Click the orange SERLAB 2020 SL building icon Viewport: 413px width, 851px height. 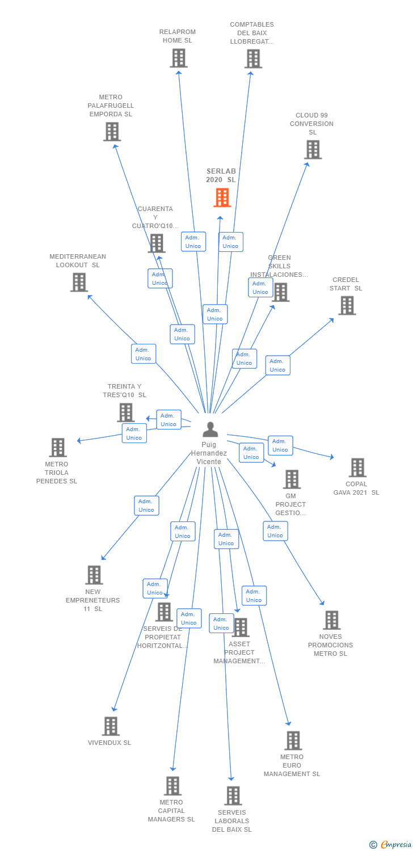coord(222,197)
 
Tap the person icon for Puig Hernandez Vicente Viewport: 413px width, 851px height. coord(210,429)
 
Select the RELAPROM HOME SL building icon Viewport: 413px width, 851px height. coord(178,58)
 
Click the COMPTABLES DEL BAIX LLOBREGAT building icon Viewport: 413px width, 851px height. coord(253,58)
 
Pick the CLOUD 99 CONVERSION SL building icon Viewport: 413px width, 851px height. coord(313,150)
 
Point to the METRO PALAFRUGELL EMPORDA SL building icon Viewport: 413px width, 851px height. coord(112,132)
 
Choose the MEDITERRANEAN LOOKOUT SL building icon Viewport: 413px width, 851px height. coord(79,282)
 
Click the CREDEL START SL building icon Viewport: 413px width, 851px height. coord(347,305)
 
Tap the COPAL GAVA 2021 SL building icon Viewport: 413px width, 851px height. coord(357,467)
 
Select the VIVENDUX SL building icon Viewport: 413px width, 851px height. coord(111,726)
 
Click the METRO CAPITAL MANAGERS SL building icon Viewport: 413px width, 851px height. coord(172,786)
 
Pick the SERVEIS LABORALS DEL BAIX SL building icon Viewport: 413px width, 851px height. coord(233,795)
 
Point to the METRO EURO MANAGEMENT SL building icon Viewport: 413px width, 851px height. coord(293,740)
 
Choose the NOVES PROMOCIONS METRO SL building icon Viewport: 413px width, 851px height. coord(331,620)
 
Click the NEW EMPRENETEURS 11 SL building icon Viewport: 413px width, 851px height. coord(94,575)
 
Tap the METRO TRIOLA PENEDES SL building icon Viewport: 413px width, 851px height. coord(57,448)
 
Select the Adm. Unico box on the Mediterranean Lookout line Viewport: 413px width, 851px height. coord(144,354)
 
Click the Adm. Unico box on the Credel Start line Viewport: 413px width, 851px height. coord(277,365)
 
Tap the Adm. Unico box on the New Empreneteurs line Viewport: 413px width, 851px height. coord(146,505)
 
